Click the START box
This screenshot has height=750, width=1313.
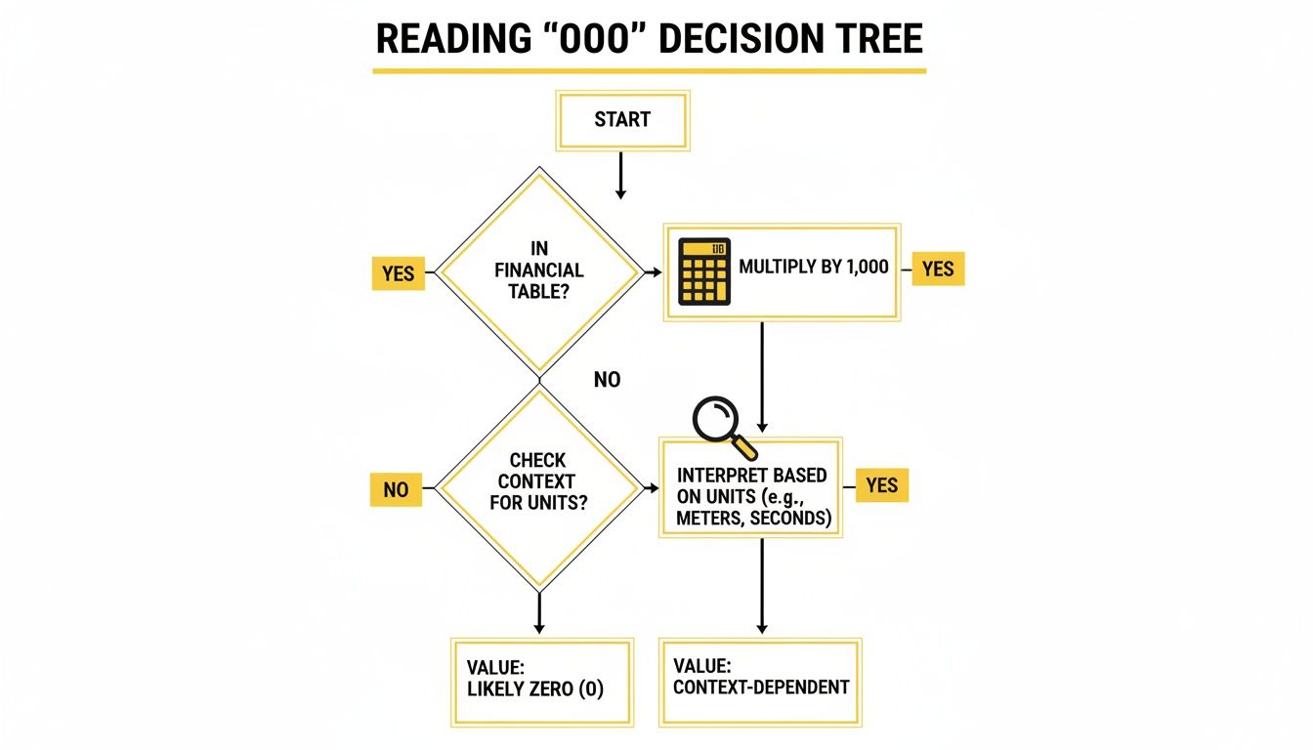tap(622, 120)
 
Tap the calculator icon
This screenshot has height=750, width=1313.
tap(704, 272)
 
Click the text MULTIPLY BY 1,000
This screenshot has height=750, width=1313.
tap(814, 266)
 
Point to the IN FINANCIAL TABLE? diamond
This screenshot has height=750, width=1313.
tap(539, 271)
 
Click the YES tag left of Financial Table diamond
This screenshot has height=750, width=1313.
tap(399, 273)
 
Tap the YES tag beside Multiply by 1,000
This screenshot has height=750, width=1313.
tap(938, 269)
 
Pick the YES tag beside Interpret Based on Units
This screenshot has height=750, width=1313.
tap(882, 485)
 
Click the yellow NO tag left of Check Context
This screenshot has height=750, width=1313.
tap(396, 489)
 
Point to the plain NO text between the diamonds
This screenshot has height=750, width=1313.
tap(607, 380)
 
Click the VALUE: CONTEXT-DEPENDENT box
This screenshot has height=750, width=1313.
tap(760, 681)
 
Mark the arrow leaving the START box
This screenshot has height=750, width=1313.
tap(620, 177)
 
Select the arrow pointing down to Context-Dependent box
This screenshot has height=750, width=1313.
tap(762, 586)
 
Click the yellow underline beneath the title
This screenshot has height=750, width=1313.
tap(649, 71)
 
